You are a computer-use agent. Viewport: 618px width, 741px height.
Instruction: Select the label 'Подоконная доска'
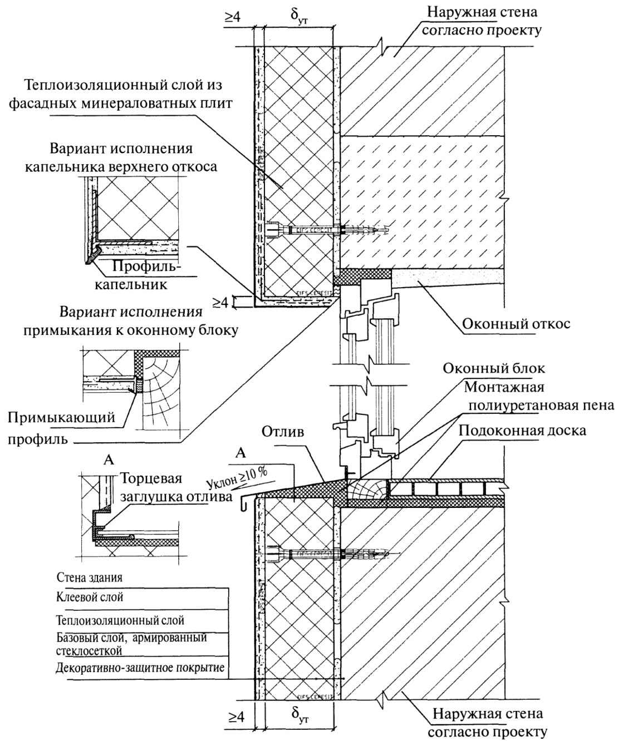pos(522,431)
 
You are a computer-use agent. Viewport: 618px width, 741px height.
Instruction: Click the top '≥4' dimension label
pos(232,17)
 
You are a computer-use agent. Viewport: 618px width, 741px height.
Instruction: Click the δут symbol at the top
pos(299,17)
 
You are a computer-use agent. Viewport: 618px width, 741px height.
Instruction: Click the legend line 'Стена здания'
pos(90,577)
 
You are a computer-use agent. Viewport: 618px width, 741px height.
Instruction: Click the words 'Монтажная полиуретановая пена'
pos(537,396)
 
